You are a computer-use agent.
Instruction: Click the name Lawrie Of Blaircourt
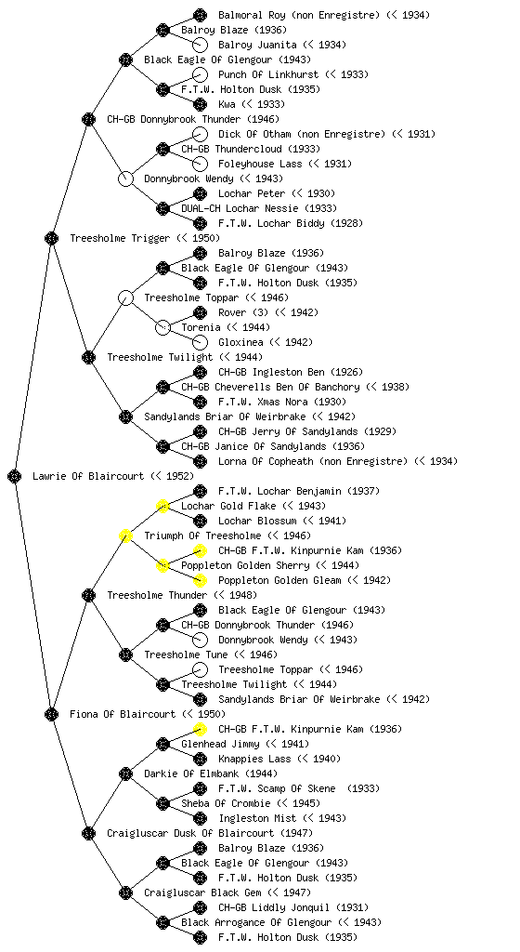[x=88, y=476]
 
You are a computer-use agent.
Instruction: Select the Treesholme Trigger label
[x=120, y=238]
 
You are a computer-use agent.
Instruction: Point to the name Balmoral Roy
[x=249, y=15]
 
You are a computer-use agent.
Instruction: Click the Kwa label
[x=227, y=104]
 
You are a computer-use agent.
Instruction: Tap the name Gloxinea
[x=240, y=342]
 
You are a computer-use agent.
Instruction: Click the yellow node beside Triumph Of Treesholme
[x=125, y=535]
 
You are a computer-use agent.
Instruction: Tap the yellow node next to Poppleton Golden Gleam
[x=200, y=580]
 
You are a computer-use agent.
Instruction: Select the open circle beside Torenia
[x=162, y=327]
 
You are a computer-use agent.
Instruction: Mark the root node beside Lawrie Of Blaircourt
[x=15, y=476]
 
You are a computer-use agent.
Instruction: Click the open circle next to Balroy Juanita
[x=200, y=45]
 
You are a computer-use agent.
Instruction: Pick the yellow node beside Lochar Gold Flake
[x=162, y=506]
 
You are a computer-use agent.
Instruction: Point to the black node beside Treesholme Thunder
[x=88, y=595]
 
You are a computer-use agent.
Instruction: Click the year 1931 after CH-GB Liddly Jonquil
[x=354, y=907]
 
